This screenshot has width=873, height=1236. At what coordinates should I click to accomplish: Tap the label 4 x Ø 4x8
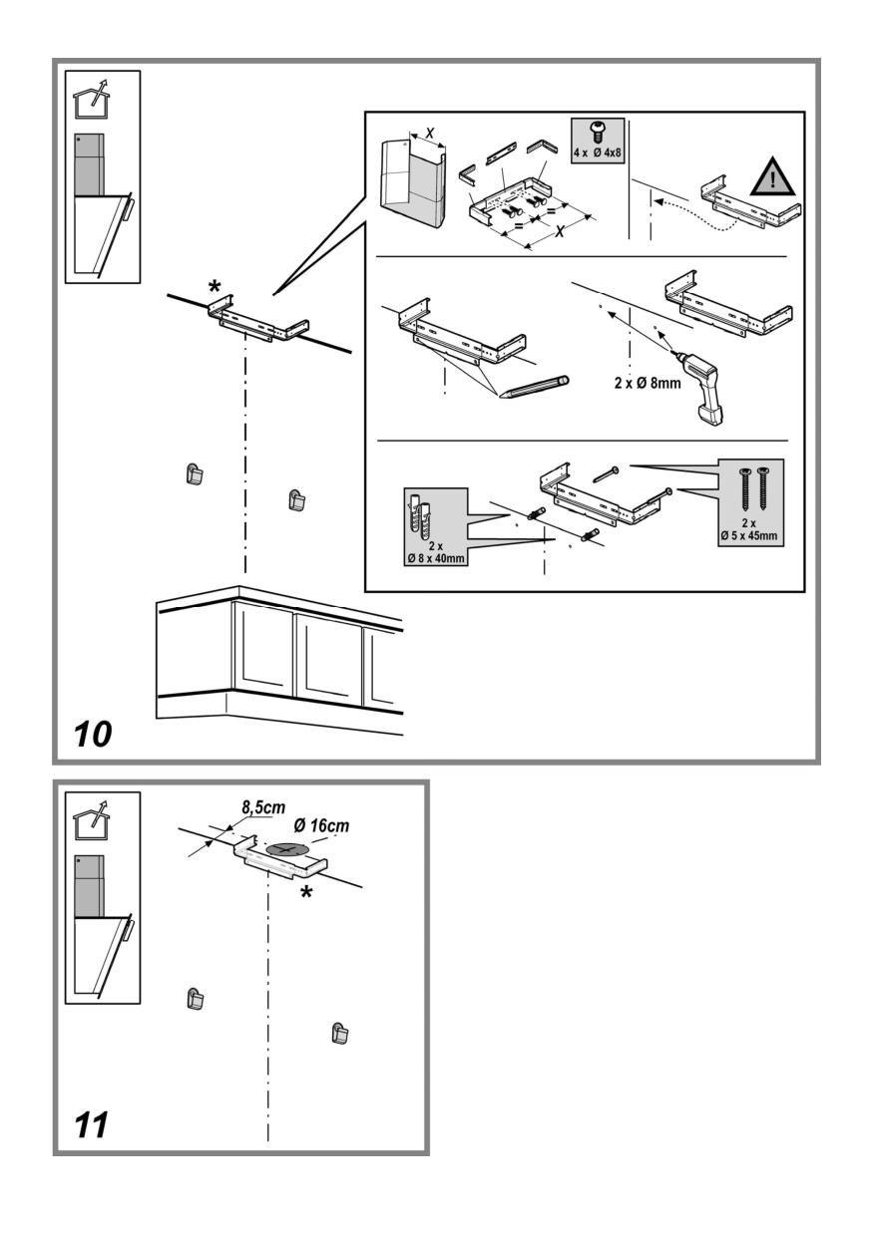[598, 154]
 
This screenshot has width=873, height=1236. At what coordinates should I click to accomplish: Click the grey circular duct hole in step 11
[288, 848]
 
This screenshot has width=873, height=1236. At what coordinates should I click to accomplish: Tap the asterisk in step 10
[214, 289]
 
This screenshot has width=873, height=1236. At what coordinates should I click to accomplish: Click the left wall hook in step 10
[195, 474]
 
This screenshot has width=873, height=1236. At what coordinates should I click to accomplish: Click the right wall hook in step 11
[340, 1033]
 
